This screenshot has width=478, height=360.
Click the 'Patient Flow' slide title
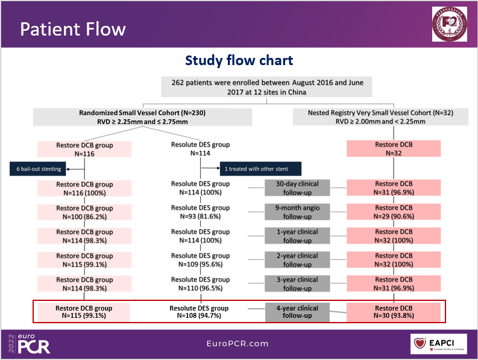coord(73,29)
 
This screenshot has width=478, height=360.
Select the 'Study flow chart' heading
coord(239,61)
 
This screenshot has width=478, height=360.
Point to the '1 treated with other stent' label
coord(260,168)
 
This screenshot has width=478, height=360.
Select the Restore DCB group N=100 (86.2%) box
coord(84,212)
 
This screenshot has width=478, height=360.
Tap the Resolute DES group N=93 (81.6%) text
coord(200,212)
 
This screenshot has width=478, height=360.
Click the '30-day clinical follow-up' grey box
coord(297,188)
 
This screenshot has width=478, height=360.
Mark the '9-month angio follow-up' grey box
coord(297,212)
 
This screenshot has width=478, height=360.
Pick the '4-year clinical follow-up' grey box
coord(297,312)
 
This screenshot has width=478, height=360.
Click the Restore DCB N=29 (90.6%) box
coord(394,212)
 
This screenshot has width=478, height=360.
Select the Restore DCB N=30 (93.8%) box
coord(394,312)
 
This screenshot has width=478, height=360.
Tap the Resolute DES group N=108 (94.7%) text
coord(200,312)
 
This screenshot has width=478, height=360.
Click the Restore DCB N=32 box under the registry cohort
coord(394,148)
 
